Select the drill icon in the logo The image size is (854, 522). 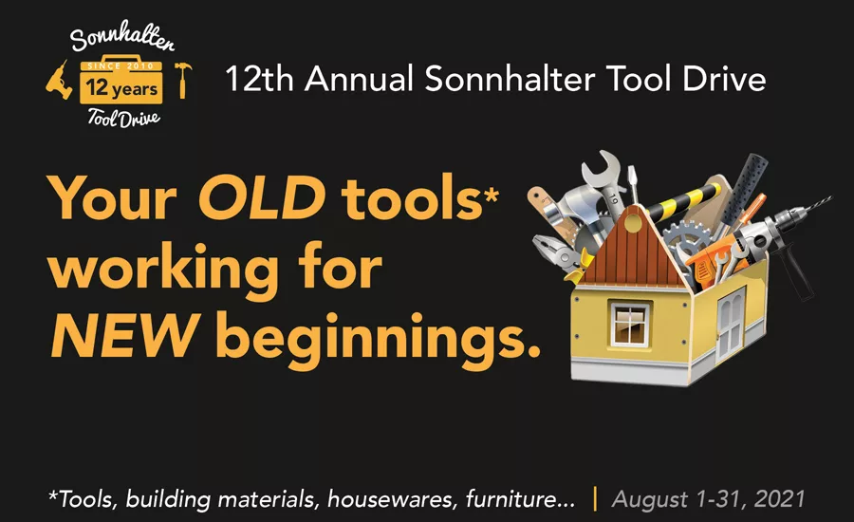[x=58, y=86]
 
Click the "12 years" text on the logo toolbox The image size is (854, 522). [x=121, y=91]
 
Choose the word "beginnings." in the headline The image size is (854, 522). [x=379, y=334]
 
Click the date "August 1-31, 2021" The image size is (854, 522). [x=709, y=497]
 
